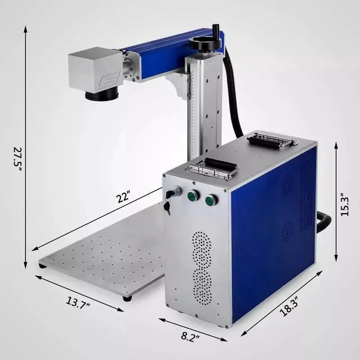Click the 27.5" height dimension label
pos(17,159)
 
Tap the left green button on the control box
pos(193,196)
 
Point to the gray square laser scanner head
pos(94,69)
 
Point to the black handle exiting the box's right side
pos(324,221)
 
